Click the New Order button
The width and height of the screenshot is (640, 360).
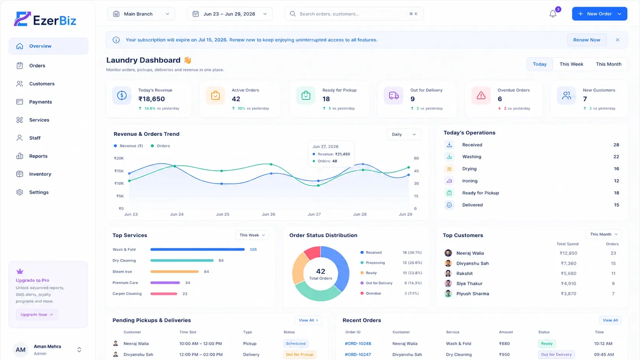[599, 14]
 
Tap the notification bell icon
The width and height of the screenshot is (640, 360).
[553, 14]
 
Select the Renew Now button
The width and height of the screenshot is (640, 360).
[586, 40]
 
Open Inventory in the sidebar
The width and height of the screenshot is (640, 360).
[40, 174]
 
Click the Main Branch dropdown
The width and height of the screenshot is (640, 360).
[141, 14]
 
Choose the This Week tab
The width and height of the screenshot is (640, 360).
[571, 64]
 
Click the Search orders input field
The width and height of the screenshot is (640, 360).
[354, 14]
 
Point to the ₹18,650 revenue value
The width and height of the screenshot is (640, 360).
[152, 99]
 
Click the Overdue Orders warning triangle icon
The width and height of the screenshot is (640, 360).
[481, 95]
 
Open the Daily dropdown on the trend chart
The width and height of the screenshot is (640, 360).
[403, 134]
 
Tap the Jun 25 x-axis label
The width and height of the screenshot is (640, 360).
[222, 214]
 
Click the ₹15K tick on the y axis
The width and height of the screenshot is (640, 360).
[119, 171]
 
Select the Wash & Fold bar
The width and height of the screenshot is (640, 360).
[198, 249]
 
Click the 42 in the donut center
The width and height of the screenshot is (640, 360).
[320, 271]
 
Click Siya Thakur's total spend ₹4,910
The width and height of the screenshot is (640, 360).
[568, 283]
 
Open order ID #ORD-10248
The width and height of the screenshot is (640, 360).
[358, 344]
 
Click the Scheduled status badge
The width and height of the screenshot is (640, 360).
[296, 344]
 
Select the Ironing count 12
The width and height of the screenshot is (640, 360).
[616, 181]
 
